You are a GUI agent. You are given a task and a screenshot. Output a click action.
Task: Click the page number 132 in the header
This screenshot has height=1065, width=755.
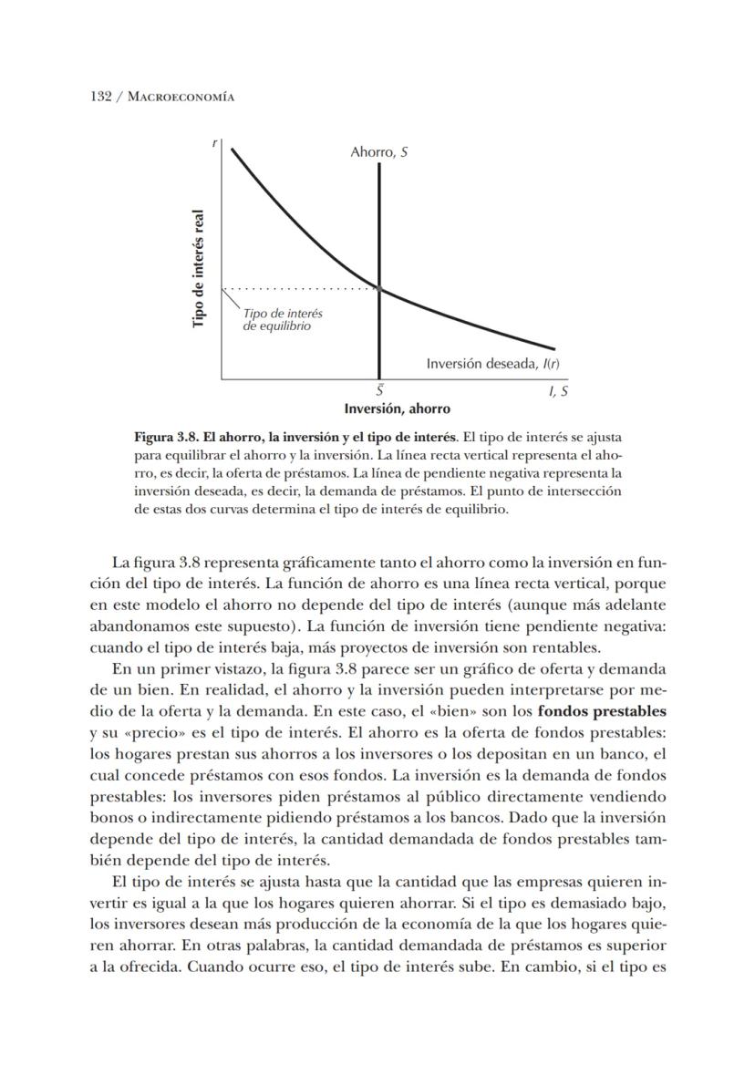pos(100,97)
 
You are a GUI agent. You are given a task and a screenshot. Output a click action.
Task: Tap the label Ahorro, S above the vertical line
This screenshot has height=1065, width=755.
pos(378,152)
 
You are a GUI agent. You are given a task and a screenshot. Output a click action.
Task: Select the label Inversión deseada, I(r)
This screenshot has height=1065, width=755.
pos(492,364)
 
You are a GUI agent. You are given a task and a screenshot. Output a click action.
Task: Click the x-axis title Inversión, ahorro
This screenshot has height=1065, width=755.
pos(397,408)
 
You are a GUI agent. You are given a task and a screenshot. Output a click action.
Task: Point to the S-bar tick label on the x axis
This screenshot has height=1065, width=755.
pos(378,390)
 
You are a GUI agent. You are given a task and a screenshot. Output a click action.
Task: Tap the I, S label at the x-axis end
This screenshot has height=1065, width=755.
pos(557,390)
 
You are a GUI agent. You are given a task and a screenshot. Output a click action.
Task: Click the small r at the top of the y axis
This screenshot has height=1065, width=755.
pos(214,143)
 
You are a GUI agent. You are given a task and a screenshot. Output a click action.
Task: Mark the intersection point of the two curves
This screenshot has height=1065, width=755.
pos(378,289)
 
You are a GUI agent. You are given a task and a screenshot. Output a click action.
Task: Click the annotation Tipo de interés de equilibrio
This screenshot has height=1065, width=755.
pos(282,319)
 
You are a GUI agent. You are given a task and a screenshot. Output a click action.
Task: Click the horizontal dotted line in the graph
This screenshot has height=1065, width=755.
pos(301,288)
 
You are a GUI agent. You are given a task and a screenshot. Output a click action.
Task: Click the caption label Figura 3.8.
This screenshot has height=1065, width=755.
pos(164,437)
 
